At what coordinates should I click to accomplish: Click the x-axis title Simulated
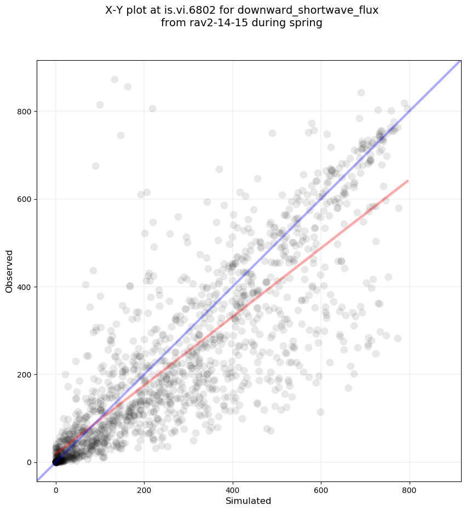[249, 501]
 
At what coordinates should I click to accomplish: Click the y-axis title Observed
[9, 271]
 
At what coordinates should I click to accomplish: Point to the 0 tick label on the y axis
[28, 462]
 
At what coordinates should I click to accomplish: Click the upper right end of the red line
[407, 181]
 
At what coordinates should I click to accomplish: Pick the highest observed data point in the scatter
[114, 80]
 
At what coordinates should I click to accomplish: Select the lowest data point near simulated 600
[320, 412]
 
